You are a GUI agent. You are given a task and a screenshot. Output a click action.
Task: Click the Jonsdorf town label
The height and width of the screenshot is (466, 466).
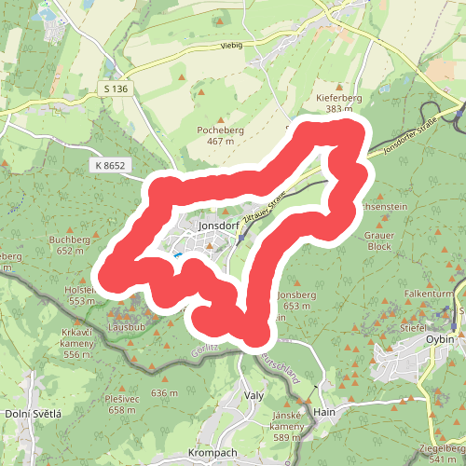(219, 225)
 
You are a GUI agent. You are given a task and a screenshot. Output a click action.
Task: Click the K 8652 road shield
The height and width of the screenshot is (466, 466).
(110, 165)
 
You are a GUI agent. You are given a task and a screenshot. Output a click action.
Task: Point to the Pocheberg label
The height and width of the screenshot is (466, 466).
(220, 130)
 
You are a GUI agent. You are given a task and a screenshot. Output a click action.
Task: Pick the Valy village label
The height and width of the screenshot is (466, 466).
(254, 394)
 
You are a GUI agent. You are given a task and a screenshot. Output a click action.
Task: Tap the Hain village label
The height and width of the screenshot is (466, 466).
(324, 411)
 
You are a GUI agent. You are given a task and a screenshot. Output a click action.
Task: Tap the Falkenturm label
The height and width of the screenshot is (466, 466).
(428, 293)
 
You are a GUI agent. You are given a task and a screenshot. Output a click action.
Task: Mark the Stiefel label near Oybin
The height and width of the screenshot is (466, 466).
(414, 327)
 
